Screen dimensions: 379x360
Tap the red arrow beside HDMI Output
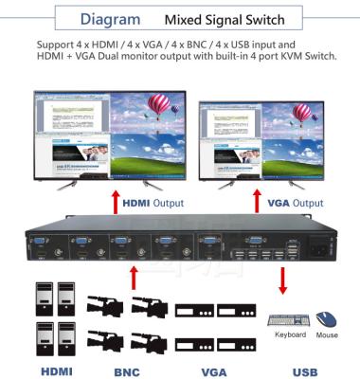click(115, 203)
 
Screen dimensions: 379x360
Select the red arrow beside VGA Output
click(254, 203)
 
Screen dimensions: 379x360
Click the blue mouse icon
click(327, 318)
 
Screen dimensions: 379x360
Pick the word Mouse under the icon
click(327, 335)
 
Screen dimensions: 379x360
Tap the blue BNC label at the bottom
click(126, 371)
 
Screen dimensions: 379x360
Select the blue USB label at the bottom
click(304, 371)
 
